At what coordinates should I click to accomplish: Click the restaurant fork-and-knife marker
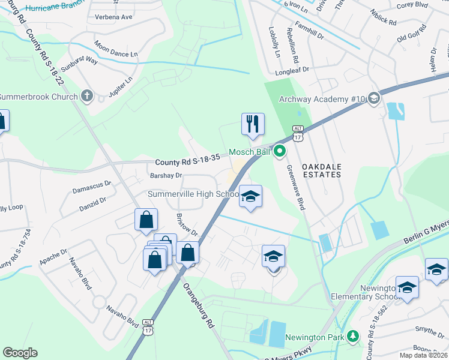(x=253, y=124)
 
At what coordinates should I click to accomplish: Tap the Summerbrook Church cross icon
(x=87, y=96)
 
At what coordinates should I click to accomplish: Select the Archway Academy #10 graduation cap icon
(x=374, y=98)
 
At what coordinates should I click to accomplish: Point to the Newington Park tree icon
(x=354, y=338)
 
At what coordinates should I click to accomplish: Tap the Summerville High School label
(x=194, y=194)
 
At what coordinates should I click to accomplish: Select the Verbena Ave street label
(x=113, y=17)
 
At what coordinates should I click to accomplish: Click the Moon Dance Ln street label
(x=116, y=49)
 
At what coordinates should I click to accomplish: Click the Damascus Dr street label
(x=92, y=186)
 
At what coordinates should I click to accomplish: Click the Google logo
(x=20, y=352)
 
